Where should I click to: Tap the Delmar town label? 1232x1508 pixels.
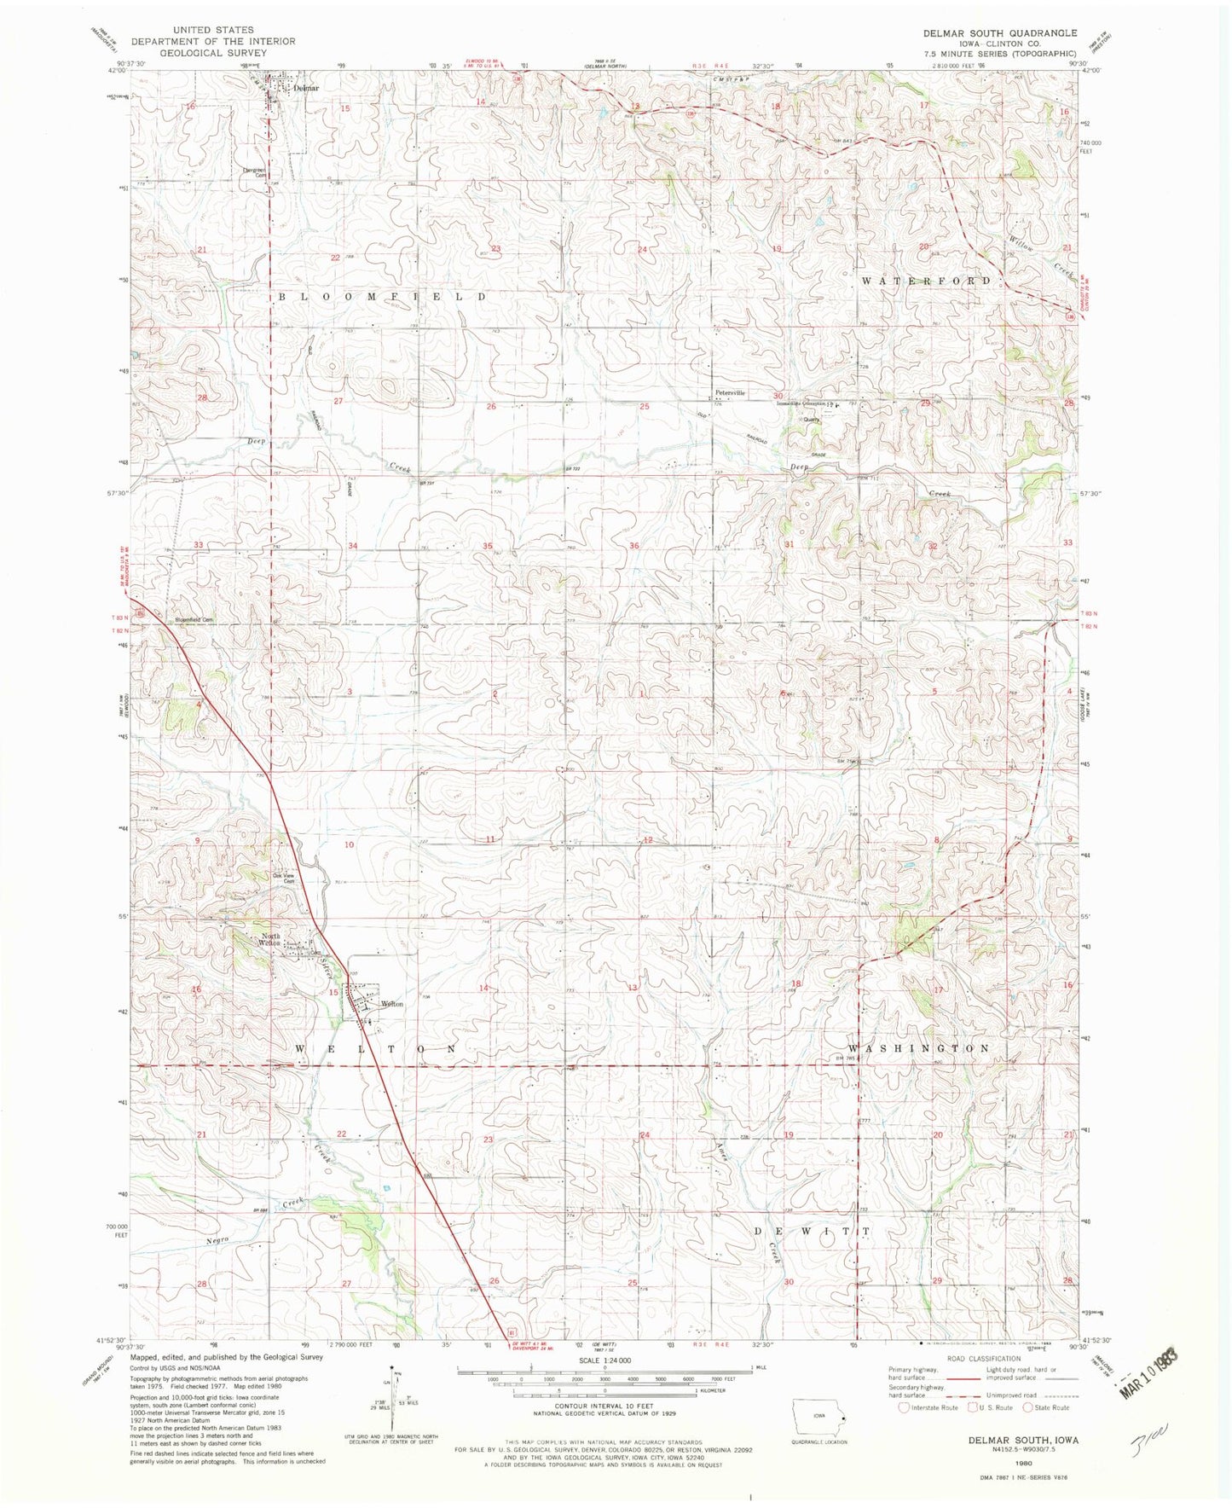(306, 88)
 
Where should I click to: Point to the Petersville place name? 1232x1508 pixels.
(730, 393)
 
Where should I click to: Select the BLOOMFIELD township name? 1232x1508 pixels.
(383, 296)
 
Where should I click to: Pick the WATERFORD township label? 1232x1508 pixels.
(926, 281)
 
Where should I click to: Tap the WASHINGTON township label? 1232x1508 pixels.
(919, 1047)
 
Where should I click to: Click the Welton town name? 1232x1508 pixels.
(391, 1004)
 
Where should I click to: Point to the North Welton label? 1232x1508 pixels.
(270, 940)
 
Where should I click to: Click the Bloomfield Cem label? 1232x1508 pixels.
(194, 619)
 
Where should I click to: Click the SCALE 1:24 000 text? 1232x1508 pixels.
(604, 1360)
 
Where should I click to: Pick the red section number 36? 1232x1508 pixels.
(634, 545)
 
